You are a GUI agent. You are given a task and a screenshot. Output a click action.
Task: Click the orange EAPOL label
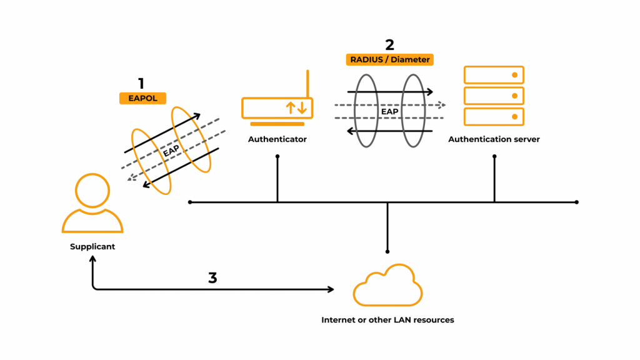pos(142,98)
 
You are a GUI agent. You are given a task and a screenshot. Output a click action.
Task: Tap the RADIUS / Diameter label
pos(389,60)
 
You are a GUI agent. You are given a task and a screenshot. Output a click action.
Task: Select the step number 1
pos(141,83)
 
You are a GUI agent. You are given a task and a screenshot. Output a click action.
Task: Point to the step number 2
pos(389,44)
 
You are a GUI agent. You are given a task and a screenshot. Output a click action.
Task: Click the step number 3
pos(212,277)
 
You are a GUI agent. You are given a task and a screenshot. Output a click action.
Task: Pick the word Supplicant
pos(92,247)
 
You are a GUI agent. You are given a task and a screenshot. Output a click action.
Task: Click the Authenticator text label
pos(277,139)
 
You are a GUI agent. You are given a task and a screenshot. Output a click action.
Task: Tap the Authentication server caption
pos(494,139)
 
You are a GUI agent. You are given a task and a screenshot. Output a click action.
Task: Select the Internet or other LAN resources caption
pos(387,320)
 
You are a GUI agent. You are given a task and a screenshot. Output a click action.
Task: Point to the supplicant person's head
pos(92,191)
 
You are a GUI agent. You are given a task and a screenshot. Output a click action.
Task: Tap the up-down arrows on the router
pos(296,107)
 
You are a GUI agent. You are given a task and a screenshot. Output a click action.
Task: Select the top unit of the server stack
pos(494,75)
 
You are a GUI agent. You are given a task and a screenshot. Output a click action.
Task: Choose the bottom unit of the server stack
pos(494,116)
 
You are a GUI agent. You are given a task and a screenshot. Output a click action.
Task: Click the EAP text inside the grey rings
pos(390,112)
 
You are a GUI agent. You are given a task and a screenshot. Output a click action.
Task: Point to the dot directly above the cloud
pos(387,251)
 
